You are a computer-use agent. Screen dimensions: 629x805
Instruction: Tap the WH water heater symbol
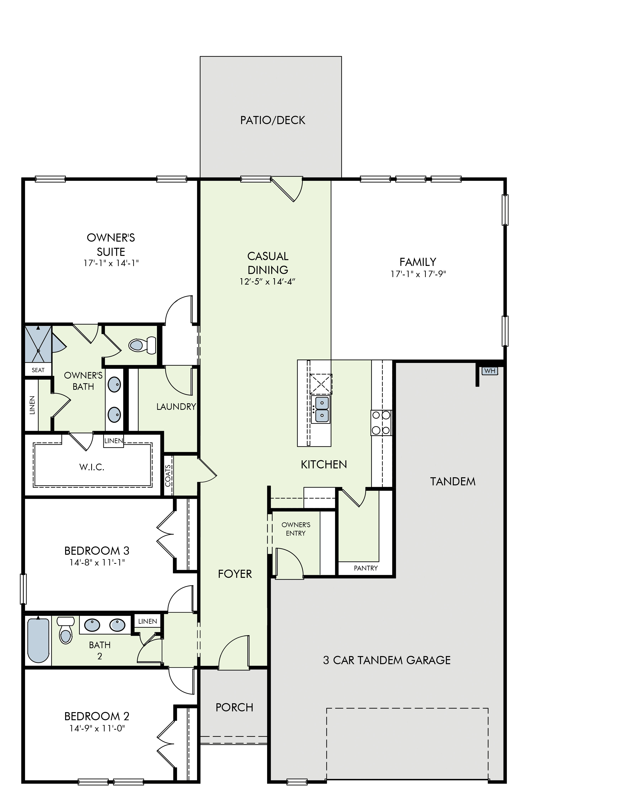click(490, 371)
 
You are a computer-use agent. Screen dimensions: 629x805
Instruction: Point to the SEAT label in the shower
click(38, 370)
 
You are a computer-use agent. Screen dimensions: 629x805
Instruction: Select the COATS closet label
click(168, 476)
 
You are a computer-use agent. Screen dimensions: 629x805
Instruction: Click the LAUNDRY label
click(176, 407)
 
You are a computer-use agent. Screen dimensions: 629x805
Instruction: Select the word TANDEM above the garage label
click(453, 481)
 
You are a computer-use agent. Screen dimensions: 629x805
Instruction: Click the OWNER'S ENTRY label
click(296, 529)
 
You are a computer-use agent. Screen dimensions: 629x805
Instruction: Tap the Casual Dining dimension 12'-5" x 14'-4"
click(268, 282)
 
